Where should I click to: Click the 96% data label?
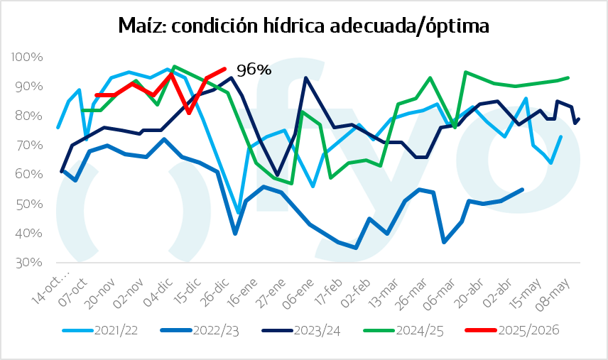(254, 70)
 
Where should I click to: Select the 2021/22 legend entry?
(113, 330)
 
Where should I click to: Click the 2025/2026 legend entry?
(519, 330)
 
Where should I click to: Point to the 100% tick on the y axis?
(28, 57)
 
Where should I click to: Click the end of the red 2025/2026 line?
(224, 69)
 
